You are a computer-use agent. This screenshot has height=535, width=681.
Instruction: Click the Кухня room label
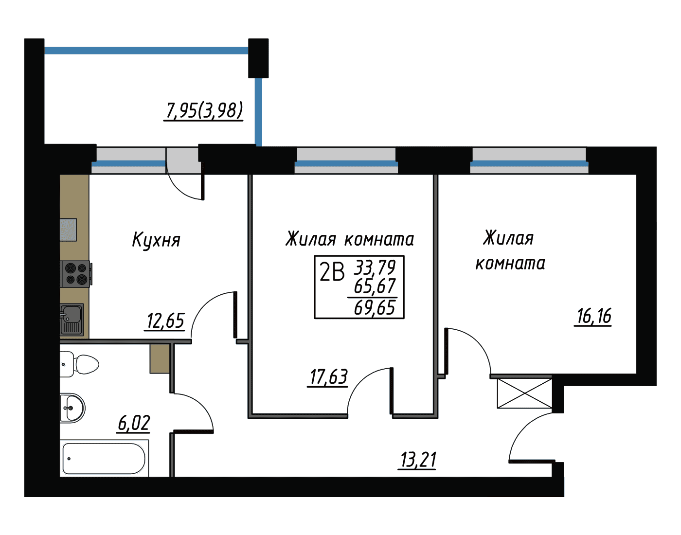click(156, 240)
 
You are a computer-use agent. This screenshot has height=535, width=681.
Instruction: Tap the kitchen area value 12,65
click(165, 321)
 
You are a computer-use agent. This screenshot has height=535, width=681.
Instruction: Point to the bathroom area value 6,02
click(134, 423)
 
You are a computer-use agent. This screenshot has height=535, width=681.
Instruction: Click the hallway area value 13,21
click(418, 460)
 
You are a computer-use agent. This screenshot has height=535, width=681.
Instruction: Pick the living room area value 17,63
click(328, 376)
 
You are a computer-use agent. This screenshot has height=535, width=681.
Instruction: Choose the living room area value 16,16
click(593, 316)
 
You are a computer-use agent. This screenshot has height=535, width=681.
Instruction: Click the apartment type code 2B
click(332, 272)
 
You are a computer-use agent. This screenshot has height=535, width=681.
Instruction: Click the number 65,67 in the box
click(375, 285)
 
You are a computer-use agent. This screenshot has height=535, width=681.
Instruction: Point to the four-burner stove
click(76, 274)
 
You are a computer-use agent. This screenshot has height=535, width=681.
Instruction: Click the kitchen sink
click(72, 320)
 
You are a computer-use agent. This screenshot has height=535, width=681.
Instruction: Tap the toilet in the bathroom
click(79, 364)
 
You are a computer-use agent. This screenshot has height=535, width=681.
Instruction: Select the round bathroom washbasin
click(72, 408)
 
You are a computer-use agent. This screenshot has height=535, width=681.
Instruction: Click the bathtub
click(105, 458)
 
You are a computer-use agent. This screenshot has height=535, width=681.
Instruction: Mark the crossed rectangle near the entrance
click(525, 393)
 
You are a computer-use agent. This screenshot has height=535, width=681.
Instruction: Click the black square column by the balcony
click(258, 58)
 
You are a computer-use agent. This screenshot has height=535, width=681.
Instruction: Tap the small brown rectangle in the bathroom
click(160, 358)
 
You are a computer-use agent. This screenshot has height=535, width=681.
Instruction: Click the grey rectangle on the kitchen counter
click(68, 230)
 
